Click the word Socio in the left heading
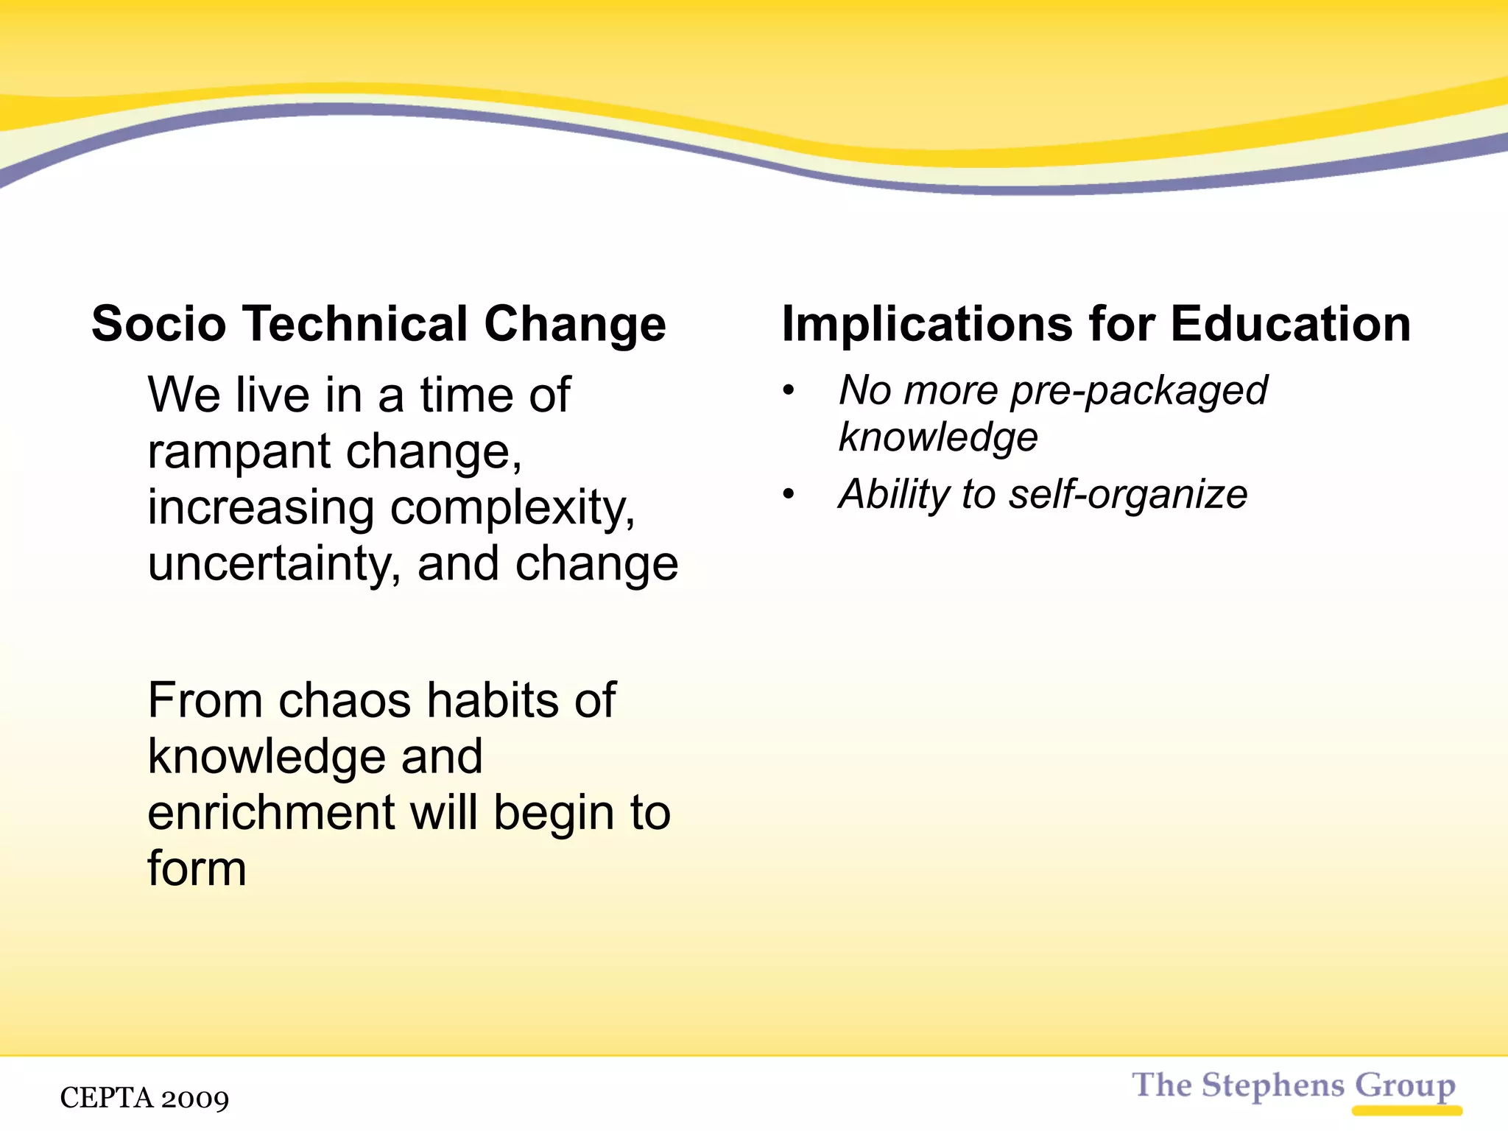click(158, 324)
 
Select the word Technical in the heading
click(356, 324)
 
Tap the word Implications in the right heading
click(927, 325)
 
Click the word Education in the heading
click(1290, 324)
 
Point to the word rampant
click(239, 452)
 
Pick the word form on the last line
click(197, 869)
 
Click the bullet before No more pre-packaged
click(789, 391)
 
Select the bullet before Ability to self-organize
click(789, 494)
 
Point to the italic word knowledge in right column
click(938, 437)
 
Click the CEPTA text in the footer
click(106, 1098)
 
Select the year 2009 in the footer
click(194, 1099)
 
